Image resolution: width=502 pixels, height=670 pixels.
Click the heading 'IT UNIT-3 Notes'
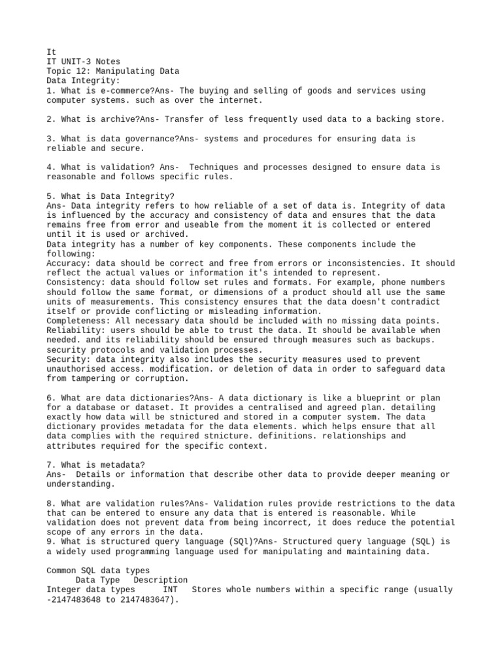click(x=83, y=61)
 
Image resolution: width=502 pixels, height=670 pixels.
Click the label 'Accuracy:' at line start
click(x=69, y=263)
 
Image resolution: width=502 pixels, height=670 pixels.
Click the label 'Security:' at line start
click(x=69, y=359)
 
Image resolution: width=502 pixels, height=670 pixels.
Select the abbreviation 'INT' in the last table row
click(x=170, y=590)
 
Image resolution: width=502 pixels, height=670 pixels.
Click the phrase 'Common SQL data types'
click(x=97, y=571)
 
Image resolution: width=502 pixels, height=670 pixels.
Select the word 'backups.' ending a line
click(x=414, y=340)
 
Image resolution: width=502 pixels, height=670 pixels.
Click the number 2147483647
click(x=143, y=599)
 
